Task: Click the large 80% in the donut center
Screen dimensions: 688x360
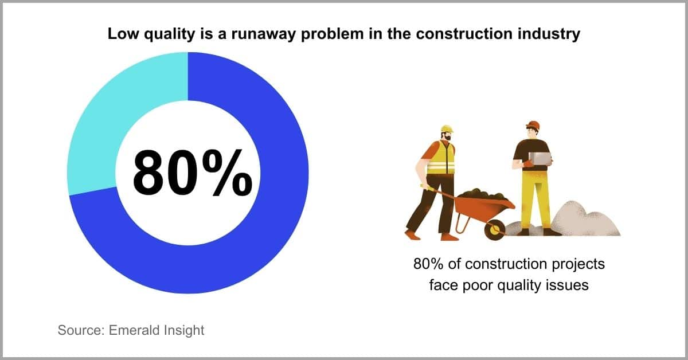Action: [x=193, y=173]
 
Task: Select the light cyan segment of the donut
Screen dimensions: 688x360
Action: [x=101, y=117]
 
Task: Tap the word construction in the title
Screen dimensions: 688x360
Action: [x=464, y=33]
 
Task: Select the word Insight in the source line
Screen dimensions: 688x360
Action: [x=183, y=331]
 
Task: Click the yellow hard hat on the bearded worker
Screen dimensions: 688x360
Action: [x=447, y=129]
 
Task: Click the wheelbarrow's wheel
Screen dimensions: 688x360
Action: [x=494, y=230]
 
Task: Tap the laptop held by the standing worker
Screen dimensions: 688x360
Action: [x=540, y=158]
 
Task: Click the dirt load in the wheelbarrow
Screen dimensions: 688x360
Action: [x=482, y=194]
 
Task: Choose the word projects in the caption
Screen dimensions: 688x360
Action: [x=578, y=264]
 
